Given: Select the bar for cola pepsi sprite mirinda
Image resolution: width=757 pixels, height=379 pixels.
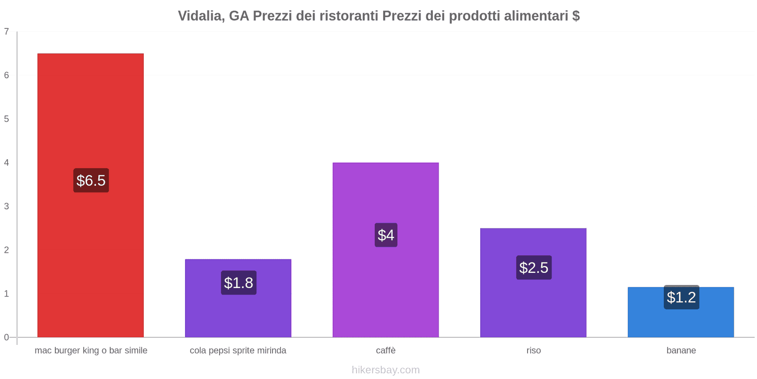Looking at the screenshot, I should tap(238, 313).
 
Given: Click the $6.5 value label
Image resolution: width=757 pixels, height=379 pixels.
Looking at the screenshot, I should tap(91, 180).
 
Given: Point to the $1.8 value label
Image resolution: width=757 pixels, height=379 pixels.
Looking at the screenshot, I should tap(238, 283).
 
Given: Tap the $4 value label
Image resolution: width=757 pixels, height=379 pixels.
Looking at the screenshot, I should tap(386, 235).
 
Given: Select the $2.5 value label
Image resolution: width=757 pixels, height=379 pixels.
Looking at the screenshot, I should tap(534, 268).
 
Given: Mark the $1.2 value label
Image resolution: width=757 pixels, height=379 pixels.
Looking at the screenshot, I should tap(681, 298).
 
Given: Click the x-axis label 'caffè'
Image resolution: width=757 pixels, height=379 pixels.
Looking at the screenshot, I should tap(386, 351).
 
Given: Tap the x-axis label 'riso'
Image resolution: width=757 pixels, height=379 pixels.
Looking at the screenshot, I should tap(533, 351).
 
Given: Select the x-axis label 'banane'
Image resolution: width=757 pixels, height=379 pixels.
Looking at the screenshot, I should tap(681, 351).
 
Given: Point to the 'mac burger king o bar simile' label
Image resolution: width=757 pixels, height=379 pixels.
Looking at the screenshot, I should tap(91, 351).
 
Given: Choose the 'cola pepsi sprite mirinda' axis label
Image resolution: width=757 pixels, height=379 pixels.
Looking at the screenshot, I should tap(238, 351).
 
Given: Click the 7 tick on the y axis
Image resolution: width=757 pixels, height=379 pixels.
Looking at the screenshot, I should tap(7, 32).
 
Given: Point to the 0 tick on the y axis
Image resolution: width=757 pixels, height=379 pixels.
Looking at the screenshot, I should tap(7, 337).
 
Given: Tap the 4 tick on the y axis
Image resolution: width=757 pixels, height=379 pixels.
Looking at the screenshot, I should tap(7, 162).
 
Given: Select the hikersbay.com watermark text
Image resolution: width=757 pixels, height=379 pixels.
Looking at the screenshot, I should tap(386, 370).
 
